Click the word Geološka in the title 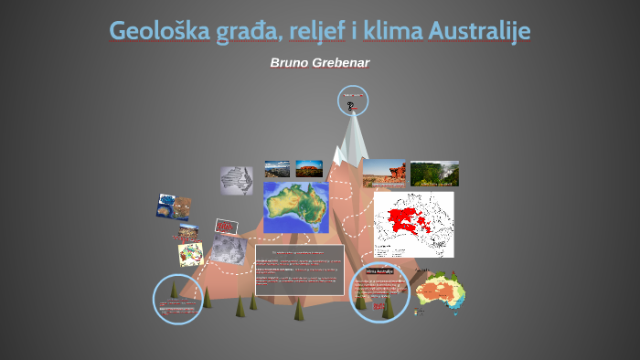click(x=153, y=31)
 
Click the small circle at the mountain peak click(x=352, y=101)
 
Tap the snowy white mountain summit click(x=353, y=137)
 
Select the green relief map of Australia click(x=296, y=207)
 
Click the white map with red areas click(x=413, y=224)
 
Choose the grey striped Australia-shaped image click(x=236, y=179)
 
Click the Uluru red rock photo click(x=308, y=169)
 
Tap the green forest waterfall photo click(x=434, y=174)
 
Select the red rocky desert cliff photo click(x=384, y=174)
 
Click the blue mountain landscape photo click(x=277, y=169)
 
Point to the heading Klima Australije click(x=379, y=271)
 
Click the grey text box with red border click(x=300, y=270)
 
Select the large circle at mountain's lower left click(x=177, y=299)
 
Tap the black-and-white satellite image click(x=229, y=248)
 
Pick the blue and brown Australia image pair click(x=174, y=206)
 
